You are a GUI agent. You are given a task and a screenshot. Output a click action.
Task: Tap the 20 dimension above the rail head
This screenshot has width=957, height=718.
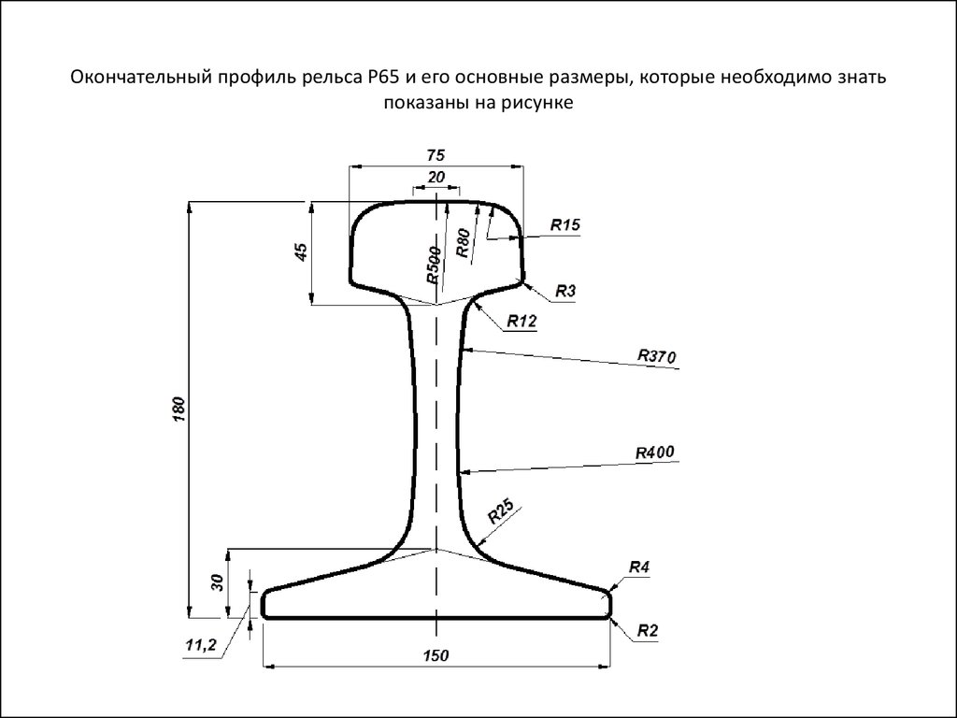[436, 177]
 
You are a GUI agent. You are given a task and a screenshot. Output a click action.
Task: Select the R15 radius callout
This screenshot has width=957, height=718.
[565, 224]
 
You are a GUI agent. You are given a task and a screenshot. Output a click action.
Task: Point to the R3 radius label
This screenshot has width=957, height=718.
[565, 292]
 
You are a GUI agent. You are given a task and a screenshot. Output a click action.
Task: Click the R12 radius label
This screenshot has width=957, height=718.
[521, 321]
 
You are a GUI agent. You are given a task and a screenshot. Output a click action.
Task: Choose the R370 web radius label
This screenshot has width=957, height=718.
[657, 356]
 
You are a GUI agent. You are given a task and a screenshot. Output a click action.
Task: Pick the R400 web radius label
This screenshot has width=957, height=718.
[655, 452]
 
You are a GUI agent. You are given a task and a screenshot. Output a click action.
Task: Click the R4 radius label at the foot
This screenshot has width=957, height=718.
[639, 567]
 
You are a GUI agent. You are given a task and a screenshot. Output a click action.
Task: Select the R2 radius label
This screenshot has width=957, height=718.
[648, 631]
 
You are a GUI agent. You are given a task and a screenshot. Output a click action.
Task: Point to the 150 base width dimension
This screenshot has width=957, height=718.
[436, 655]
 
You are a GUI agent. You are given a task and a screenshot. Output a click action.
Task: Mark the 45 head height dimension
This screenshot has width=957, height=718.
[301, 252]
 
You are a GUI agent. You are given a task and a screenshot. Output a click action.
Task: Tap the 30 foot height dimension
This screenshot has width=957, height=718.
[217, 582]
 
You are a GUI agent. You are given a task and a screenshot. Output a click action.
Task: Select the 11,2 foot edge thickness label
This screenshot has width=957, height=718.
[201, 645]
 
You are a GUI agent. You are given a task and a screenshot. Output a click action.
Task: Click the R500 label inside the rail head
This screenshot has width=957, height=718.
[434, 266]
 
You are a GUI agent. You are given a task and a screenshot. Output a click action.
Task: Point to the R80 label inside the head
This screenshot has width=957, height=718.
[464, 243]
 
